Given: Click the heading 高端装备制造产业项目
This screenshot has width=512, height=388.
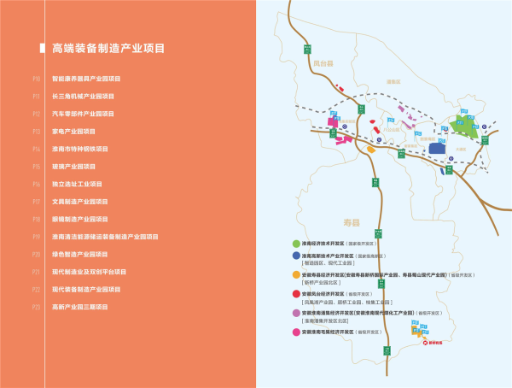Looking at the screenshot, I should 108,49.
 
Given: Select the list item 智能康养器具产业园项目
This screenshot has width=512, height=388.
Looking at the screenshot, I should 93,79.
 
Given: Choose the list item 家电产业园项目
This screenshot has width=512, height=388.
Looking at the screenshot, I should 73,131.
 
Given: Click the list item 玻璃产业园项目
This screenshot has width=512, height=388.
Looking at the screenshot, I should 73,166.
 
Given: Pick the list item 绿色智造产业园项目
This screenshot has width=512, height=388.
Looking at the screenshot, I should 83,254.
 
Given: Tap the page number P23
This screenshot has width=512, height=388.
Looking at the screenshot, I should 37,306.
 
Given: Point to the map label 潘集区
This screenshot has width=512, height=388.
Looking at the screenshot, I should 393,81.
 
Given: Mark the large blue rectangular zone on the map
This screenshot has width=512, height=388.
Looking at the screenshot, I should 438,149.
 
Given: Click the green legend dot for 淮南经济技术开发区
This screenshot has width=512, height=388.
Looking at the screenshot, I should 296,244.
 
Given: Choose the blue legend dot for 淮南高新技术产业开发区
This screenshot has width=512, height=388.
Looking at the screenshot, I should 296,256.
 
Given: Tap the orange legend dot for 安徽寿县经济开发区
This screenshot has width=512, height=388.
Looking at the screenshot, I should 296,274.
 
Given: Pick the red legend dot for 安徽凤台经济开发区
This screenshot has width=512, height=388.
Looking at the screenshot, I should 296,293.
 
